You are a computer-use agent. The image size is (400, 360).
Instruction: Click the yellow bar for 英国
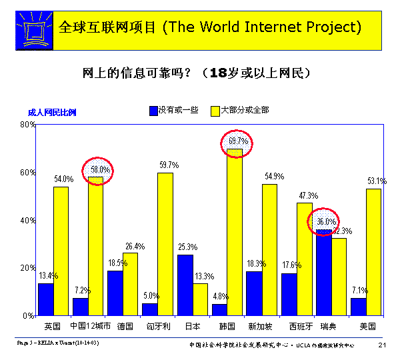coord(61,251)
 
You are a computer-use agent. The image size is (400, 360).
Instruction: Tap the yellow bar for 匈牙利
coord(165,243)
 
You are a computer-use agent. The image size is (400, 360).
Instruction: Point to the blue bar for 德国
coord(115,293)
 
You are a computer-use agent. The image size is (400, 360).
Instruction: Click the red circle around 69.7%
coord(238,141)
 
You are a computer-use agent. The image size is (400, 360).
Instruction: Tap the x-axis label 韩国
coord(227,327)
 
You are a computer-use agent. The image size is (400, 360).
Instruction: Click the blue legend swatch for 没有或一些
coord(153,110)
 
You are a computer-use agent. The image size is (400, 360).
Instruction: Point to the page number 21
coord(383,345)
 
